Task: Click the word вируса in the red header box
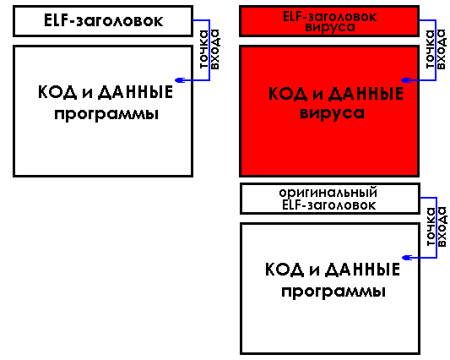330,28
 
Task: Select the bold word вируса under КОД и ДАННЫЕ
332,113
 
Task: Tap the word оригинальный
328,193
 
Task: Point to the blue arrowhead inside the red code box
406,80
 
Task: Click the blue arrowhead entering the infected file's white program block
406,258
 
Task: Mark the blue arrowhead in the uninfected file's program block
180,80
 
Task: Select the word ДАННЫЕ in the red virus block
366,95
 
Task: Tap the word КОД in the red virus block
288,94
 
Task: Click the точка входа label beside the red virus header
436,49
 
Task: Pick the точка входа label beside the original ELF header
436,226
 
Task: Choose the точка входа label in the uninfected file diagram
209,49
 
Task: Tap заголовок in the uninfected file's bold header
120,21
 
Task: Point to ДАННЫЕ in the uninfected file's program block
135,92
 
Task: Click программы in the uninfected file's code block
106,115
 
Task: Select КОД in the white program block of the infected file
285,270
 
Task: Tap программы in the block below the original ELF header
333,292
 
